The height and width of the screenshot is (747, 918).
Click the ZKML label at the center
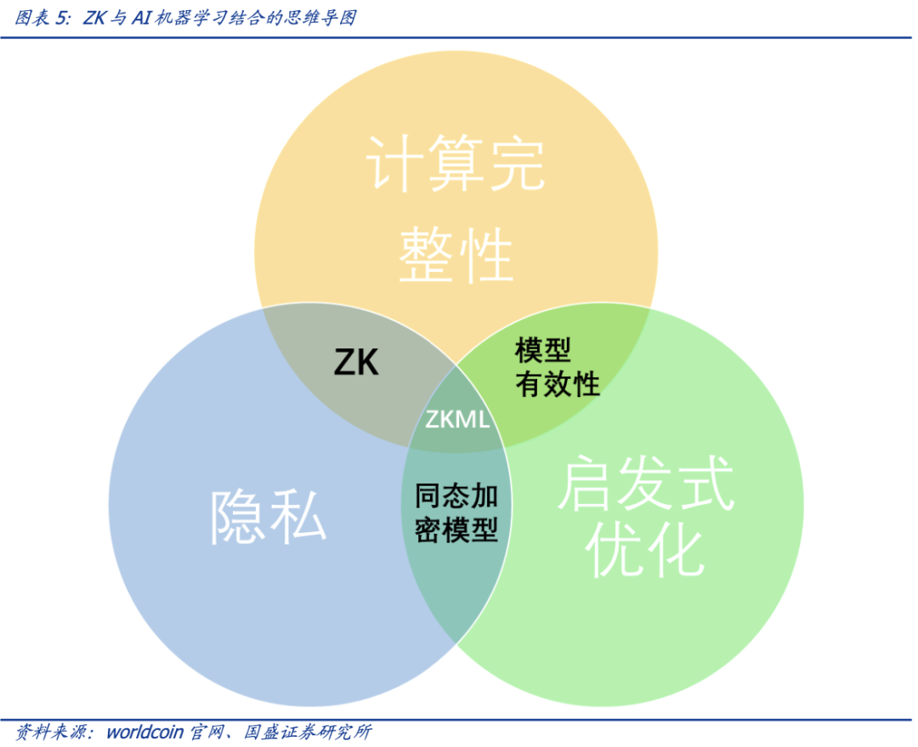tap(456, 419)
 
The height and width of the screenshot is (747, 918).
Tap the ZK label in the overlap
tap(356, 364)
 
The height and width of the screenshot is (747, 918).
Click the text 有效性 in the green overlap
tap(558, 383)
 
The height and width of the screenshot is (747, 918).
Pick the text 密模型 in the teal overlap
tap(456, 530)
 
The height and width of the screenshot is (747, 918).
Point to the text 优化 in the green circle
tap(646, 552)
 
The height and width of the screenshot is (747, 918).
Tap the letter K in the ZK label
tap(368, 364)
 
